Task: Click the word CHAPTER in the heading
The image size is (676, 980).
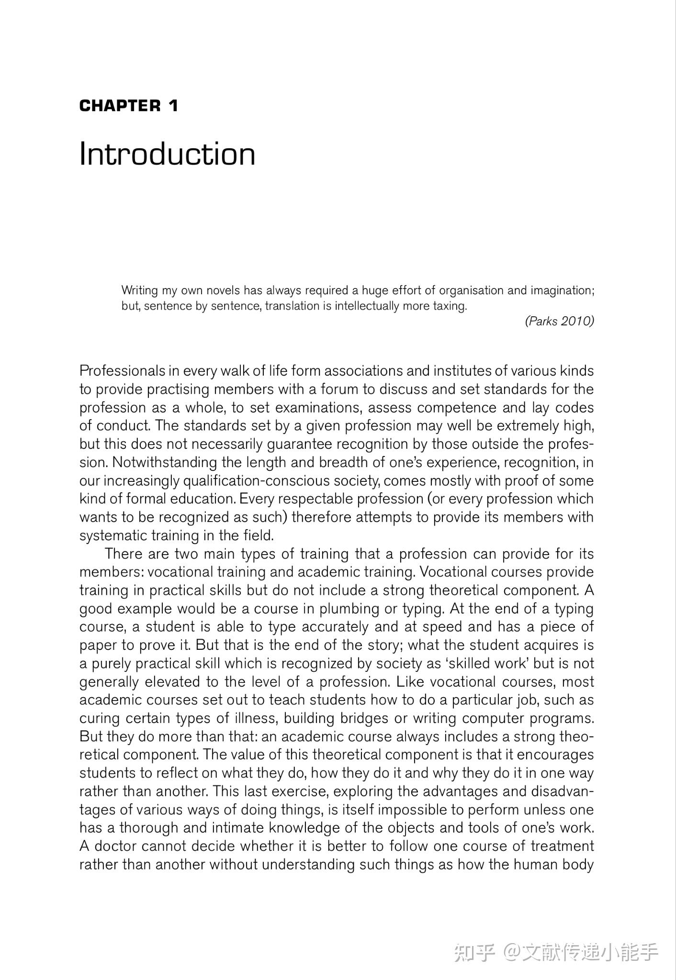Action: pyautogui.click(x=120, y=106)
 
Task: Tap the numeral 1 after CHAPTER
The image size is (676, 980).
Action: pyautogui.click(x=173, y=106)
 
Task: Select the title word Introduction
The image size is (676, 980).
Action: pyautogui.click(x=167, y=154)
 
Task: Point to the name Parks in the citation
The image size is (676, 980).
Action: pyautogui.click(x=542, y=321)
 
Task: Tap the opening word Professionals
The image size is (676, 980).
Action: pyautogui.click(x=122, y=371)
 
